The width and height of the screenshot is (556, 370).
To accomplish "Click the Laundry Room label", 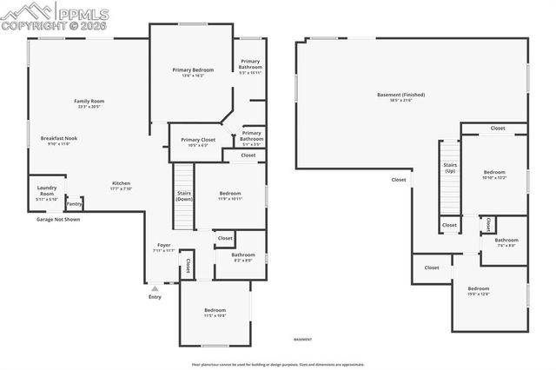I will [x=46, y=190].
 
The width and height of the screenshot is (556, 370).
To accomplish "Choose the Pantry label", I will [x=74, y=203].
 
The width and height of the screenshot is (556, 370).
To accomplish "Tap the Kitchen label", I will [x=121, y=183].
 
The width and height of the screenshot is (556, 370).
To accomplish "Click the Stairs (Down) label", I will [x=184, y=195].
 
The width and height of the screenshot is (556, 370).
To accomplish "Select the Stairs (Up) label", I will [x=450, y=168].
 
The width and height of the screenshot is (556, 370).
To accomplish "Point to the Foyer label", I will [x=164, y=246].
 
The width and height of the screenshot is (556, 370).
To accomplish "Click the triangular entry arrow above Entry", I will [x=155, y=287].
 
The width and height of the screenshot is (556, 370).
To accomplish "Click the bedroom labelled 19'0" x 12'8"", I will [x=479, y=290].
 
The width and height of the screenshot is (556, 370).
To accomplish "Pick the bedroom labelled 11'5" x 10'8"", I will [x=215, y=312].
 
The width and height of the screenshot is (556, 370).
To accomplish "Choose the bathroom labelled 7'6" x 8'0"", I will [x=506, y=241].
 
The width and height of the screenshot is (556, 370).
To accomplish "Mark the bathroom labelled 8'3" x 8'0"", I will [x=243, y=257].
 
